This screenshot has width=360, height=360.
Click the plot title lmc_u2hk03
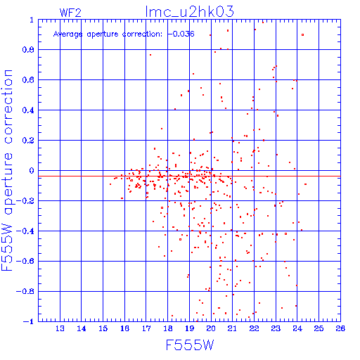click(x=189, y=12)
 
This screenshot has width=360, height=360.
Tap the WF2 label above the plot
click(x=70, y=13)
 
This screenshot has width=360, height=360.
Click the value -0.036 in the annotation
click(x=181, y=34)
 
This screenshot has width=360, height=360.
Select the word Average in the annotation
click(x=68, y=34)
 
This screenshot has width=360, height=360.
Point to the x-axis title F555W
click(x=190, y=345)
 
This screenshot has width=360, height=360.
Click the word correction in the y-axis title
click(x=8, y=107)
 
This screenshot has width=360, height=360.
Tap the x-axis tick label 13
click(x=60, y=328)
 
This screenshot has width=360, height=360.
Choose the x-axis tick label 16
click(x=124, y=328)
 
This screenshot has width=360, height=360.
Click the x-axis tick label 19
click(x=189, y=328)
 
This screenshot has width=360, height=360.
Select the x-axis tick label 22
click(x=254, y=328)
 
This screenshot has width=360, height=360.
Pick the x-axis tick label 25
click(x=319, y=328)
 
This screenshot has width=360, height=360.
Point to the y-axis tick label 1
click(x=32, y=20)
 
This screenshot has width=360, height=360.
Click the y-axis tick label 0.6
click(x=28, y=80)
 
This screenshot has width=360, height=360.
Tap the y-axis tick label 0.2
click(x=28, y=141)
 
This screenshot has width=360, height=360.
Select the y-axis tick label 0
click(x=32, y=171)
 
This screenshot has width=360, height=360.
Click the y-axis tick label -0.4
click(x=25, y=231)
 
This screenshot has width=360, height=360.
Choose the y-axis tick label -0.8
click(x=25, y=291)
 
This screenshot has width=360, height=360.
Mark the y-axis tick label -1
click(x=29, y=321)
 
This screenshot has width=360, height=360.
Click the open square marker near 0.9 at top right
click(x=302, y=35)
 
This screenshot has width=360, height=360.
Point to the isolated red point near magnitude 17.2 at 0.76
click(x=150, y=55)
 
